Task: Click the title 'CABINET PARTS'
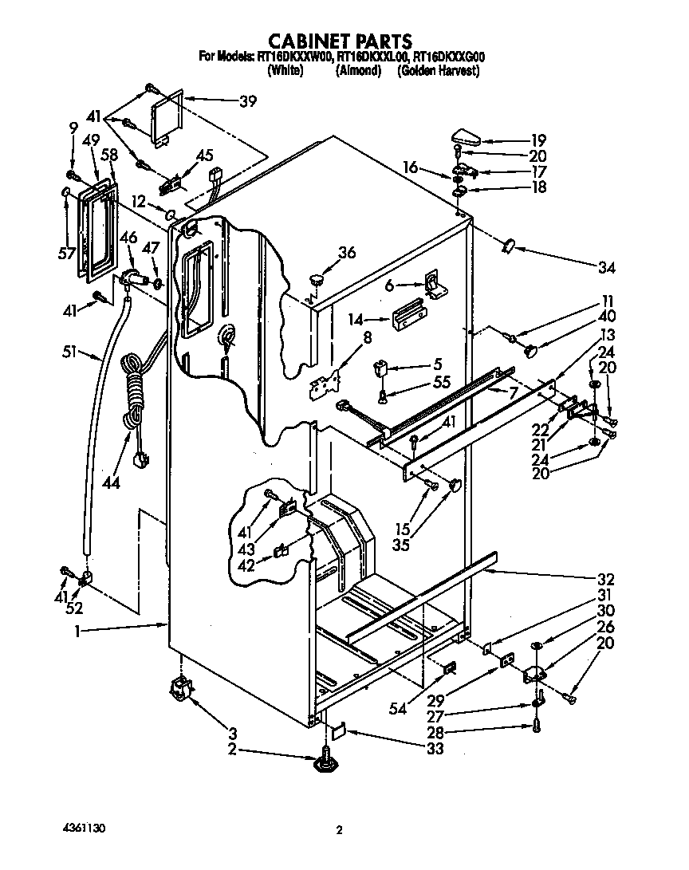click(339, 41)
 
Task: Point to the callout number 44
click(111, 482)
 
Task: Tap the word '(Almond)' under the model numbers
click(357, 71)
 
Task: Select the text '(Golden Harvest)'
click(438, 71)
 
